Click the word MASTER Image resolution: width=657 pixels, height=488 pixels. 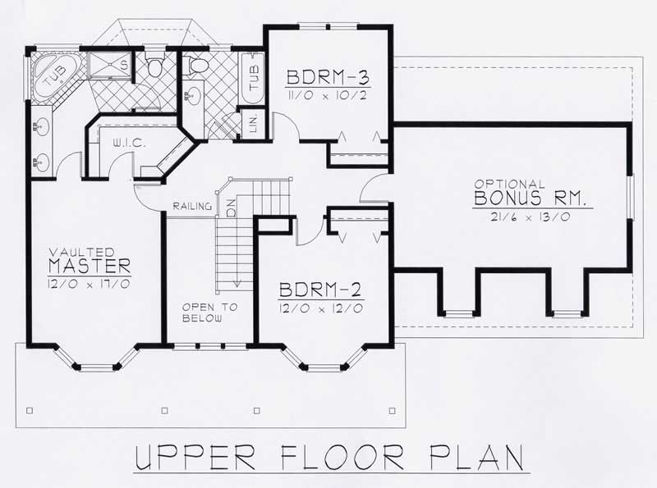coord(90,266)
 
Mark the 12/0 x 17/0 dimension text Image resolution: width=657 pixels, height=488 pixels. coord(90,283)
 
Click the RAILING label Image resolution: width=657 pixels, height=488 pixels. coord(193,206)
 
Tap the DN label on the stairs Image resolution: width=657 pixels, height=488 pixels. coord(231,209)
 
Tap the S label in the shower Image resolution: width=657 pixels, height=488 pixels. coord(123,63)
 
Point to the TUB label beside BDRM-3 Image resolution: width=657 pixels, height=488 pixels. coord(254,80)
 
